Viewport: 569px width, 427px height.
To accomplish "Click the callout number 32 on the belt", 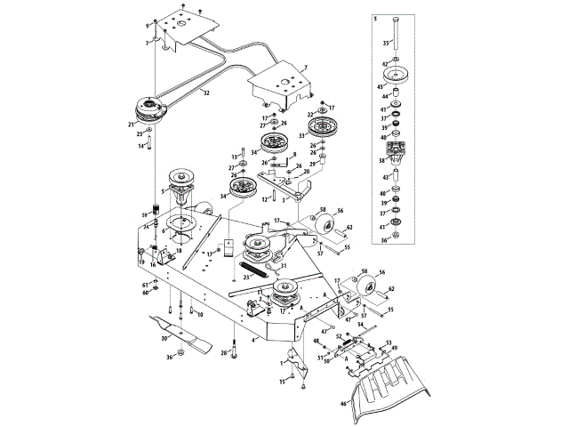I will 206,93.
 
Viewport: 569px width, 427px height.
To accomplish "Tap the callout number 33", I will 303,136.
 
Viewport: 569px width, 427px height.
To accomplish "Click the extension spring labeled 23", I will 255,266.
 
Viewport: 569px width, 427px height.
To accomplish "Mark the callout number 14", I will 140,146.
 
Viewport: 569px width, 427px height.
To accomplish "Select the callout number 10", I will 200,315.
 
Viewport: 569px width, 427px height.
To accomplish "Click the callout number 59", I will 143,215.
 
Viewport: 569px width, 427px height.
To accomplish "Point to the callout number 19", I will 141,263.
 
